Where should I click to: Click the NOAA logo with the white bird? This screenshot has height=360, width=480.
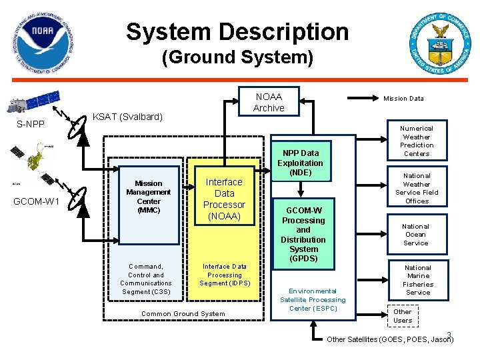pyautogui.click(x=43, y=43)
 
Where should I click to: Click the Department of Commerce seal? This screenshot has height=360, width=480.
pyautogui.click(x=440, y=43)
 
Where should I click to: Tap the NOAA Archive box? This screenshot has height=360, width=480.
pyautogui.click(x=269, y=101)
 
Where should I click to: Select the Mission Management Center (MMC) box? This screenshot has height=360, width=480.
pyautogui.click(x=149, y=205)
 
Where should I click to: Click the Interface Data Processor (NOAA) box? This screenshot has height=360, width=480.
pyautogui.click(x=225, y=196)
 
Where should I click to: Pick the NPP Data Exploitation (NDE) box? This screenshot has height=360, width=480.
pyautogui.click(x=301, y=161)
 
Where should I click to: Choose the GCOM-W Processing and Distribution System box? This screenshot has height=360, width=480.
pyautogui.click(x=303, y=234)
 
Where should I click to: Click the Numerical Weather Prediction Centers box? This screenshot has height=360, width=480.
pyautogui.click(x=417, y=141)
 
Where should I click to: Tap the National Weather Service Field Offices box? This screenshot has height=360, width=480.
pyautogui.click(x=417, y=187)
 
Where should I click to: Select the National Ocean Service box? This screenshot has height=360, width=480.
pyautogui.click(x=417, y=235)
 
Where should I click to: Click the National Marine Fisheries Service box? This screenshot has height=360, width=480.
pyautogui.click(x=418, y=280)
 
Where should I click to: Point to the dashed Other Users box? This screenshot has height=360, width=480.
pyautogui.click(x=403, y=316)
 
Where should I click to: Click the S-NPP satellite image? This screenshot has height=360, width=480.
pyautogui.click(x=34, y=101)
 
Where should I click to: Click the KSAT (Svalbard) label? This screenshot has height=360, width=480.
pyautogui.click(x=127, y=117)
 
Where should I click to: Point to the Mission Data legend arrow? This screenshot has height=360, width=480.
pyautogui.click(x=363, y=98)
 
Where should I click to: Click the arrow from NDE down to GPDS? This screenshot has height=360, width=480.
pyautogui.click(x=301, y=189)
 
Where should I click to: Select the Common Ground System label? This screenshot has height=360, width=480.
pyautogui.click(x=183, y=314)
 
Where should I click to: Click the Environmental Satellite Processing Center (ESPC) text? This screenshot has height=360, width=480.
pyautogui.click(x=313, y=300)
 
